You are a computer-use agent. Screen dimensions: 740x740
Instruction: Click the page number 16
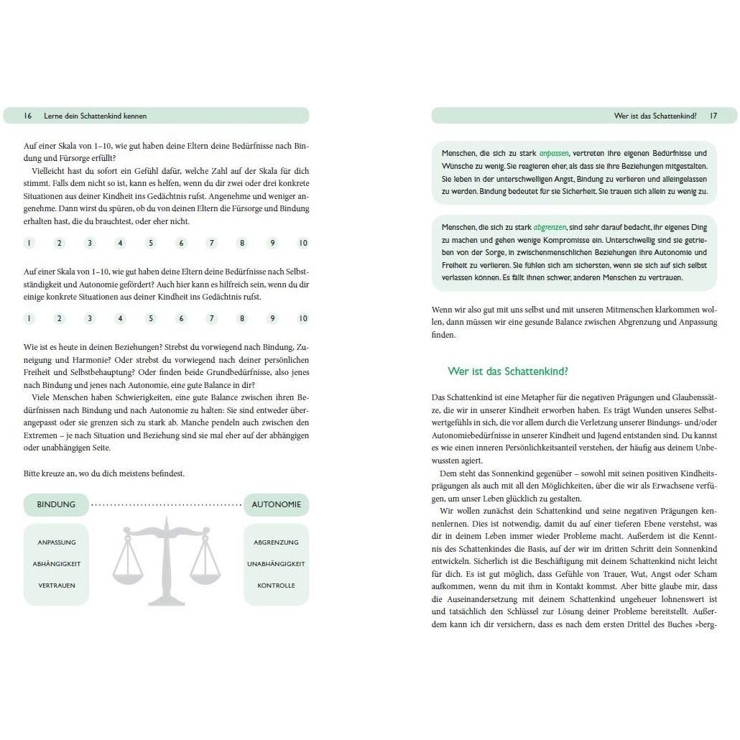[x=27, y=116]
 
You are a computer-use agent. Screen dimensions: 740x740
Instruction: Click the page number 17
[x=713, y=116]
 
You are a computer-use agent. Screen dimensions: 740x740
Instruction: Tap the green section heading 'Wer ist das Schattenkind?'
[x=508, y=371]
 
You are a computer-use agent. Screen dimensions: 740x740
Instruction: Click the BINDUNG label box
[x=56, y=504]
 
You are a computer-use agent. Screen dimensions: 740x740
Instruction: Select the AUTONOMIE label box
[x=277, y=504]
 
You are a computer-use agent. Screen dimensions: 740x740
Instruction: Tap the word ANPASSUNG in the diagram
[x=57, y=542]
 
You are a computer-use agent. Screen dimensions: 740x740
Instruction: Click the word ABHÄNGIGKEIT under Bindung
[x=57, y=564]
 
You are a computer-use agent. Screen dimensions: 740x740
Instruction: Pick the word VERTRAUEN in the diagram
[x=57, y=586]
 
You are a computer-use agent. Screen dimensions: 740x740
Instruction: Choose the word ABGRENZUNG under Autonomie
[x=277, y=542]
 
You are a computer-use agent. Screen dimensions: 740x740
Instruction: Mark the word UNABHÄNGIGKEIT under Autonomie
[x=277, y=564]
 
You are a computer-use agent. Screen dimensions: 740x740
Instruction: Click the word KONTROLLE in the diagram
[x=277, y=586]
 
